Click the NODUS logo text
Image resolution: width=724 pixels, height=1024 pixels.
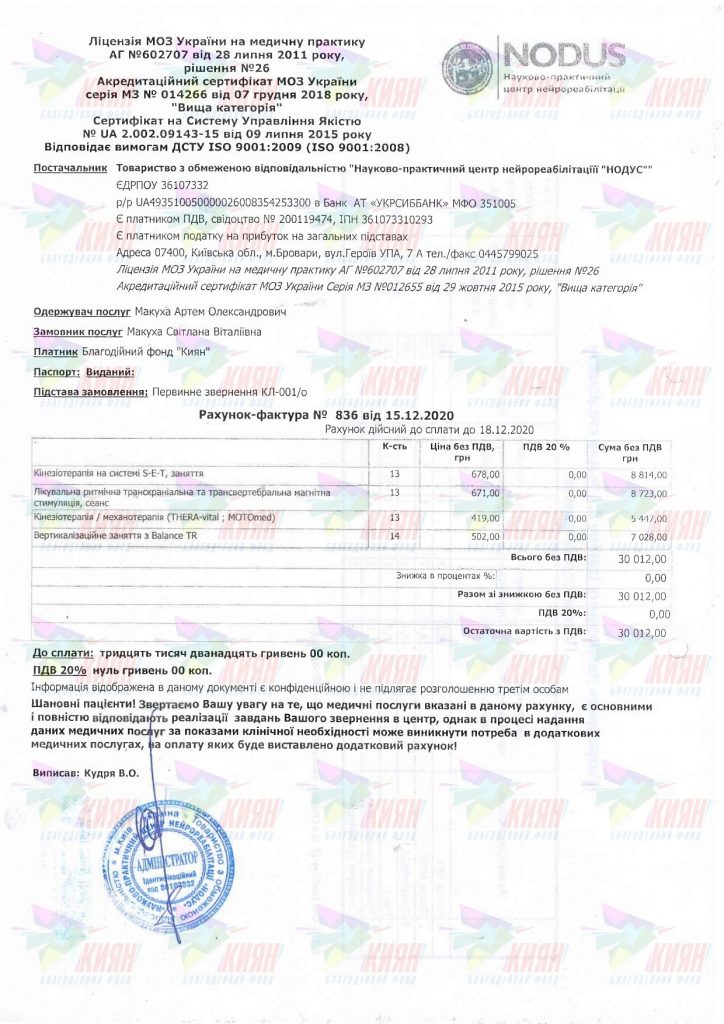(566, 55)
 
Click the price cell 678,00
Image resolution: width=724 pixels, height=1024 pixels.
(485, 474)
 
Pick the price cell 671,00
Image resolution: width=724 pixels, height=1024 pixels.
(485, 494)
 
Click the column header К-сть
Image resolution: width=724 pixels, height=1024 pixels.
(394, 446)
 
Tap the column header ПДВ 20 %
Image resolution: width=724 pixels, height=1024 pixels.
(547, 446)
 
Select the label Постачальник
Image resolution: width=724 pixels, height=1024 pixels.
(69, 169)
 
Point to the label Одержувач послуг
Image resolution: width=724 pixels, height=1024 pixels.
(81, 312)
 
